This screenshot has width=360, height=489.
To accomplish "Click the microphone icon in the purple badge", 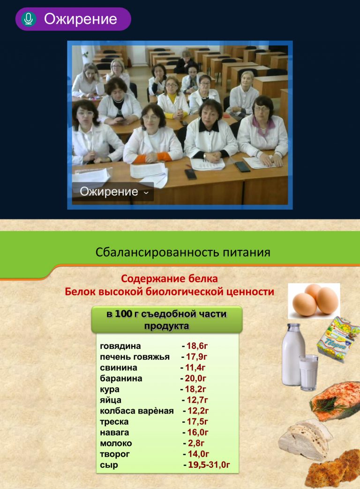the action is [x=29, y=19].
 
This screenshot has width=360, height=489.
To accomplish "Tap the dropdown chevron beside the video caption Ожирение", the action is [x=146, y=192].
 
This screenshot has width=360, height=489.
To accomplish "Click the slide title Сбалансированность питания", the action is [x=183, y=252].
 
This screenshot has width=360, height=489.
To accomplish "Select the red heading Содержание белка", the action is [x=169, y=278].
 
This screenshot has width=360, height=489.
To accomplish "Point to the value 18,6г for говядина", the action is [x=197, y=346].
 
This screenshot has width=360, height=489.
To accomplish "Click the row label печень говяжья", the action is [x=135, y=357].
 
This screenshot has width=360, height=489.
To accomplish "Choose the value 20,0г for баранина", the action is [x=195, y=378].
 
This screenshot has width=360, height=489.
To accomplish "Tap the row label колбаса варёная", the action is [x=136, y=411].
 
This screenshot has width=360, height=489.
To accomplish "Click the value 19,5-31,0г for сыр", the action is [x=209, y=465].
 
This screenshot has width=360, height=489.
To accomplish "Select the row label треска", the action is [x=114, y=421].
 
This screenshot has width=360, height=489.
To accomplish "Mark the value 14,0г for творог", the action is [x=198, y=454].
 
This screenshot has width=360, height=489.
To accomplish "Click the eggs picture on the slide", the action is [x=314, y=301].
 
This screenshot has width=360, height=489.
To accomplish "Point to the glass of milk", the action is [x=308, y=372].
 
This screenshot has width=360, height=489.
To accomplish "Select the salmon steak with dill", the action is [x=335, y=401].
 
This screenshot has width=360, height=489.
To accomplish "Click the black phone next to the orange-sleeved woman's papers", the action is [x=190, y=174].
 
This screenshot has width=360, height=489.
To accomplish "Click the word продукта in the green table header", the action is [x=166, y=326].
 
